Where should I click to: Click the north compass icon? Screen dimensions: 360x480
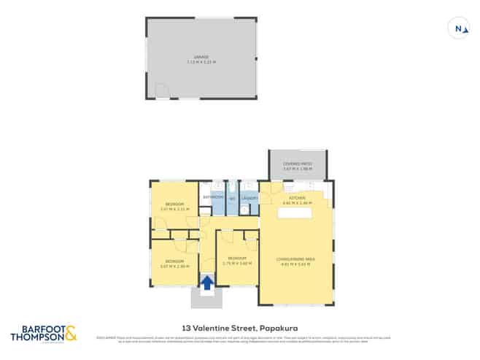click(x=458, y=28)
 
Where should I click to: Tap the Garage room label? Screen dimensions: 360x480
click(x=201, y=56)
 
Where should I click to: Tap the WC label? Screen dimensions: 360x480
click(x=232, y=199)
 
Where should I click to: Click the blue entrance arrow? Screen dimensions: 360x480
click(x=206, y=283)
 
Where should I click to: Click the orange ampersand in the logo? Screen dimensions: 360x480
click(x=69, y=336)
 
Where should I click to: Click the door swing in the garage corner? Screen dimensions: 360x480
click(x=162, y=91)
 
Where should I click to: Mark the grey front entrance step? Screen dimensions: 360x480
click(x=206, y=297)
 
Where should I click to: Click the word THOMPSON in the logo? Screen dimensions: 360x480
click(x=36, y=339)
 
